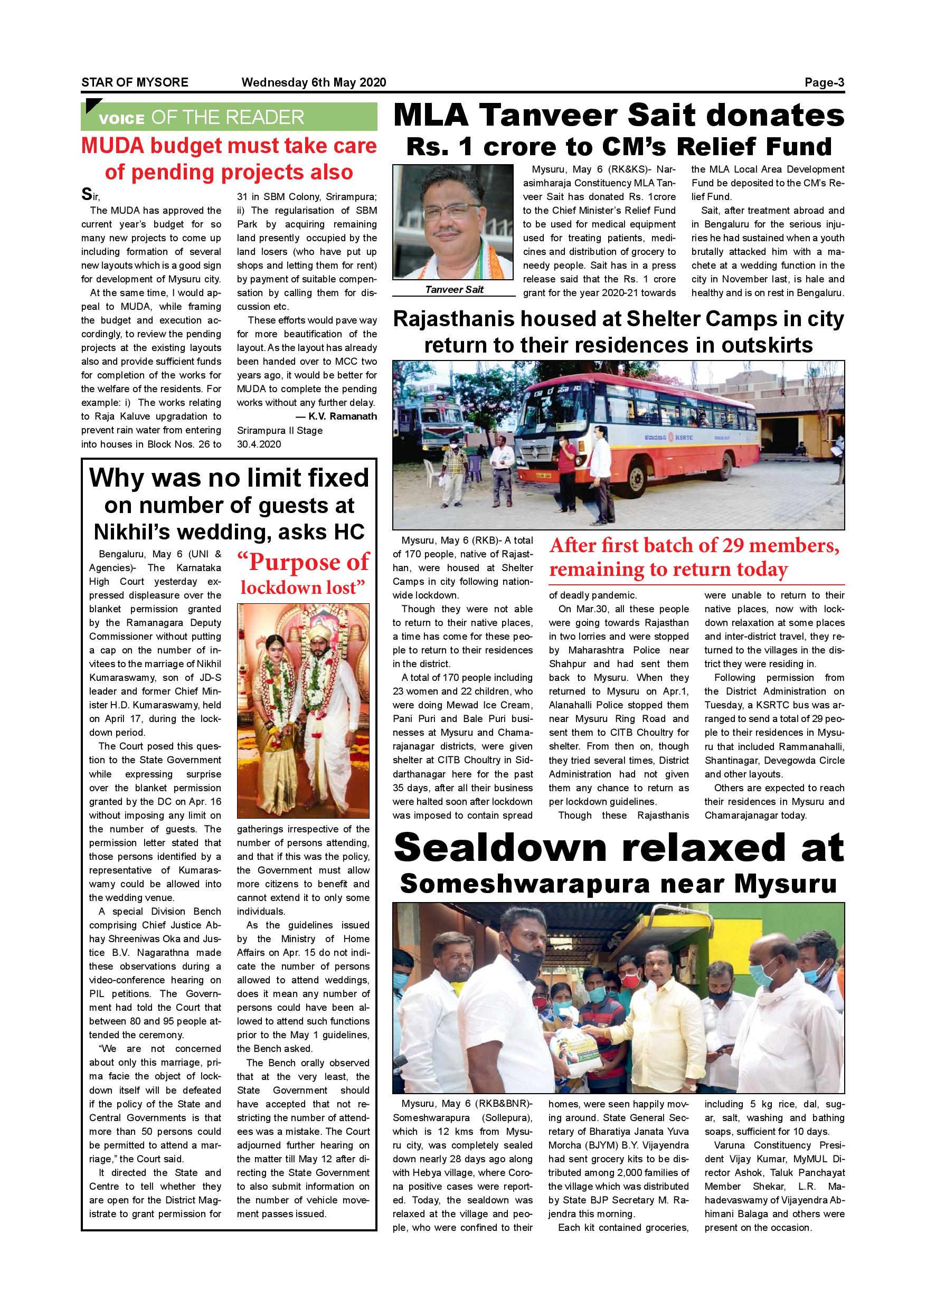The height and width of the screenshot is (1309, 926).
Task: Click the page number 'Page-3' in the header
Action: tap(824, 82)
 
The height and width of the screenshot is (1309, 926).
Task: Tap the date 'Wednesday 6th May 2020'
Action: tap(314, 82)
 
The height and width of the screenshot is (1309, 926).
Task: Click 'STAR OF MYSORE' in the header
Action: tap(135, 82)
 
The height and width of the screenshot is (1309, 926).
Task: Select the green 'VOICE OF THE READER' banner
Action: tap(229, 118)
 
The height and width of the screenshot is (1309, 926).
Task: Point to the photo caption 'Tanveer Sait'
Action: tap(454, 290)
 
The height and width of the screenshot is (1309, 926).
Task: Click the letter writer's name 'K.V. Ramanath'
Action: tap(342, 416)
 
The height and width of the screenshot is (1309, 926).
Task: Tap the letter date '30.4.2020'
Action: tap(259, 444)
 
